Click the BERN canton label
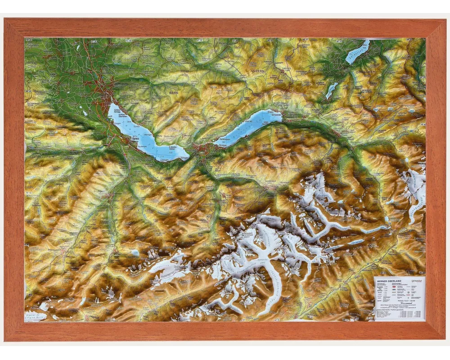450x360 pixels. point(174,92)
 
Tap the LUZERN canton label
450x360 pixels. point(257,71)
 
